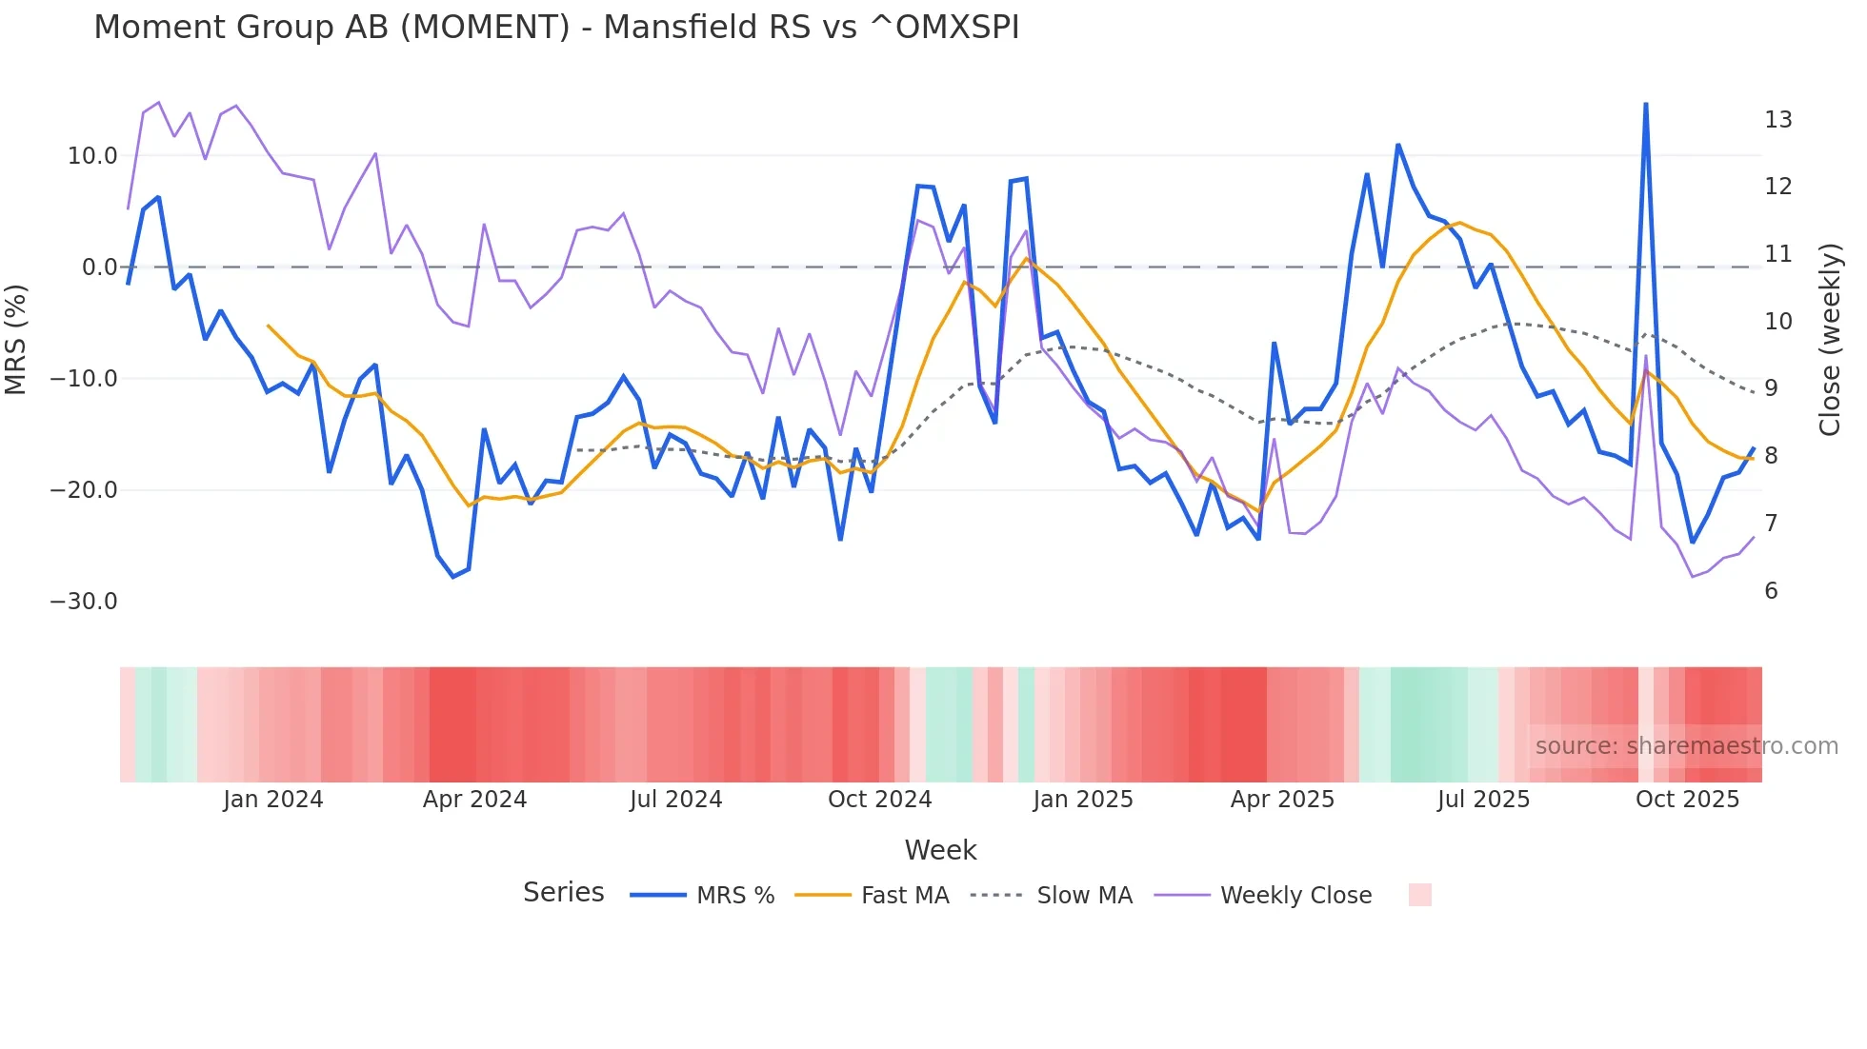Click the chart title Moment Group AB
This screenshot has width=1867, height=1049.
(x=556, y=28)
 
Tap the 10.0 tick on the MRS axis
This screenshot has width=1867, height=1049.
(x=92, y=156)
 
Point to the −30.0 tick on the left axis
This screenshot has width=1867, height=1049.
(x=84, y=602)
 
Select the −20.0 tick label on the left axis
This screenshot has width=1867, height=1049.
(x=84, y=490)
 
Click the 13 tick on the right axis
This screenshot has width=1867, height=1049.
(x=1777, y=120)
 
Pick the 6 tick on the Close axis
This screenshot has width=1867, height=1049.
(x=1771, y=591)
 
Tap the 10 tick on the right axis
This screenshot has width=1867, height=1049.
(x=1777, y=322)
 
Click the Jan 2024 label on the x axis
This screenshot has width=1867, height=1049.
(x=273, y=800)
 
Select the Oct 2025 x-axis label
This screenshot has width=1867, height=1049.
(x=1687, y=800)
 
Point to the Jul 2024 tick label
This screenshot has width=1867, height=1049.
(x=676, y=800)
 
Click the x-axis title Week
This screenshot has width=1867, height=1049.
(x=940, y=850)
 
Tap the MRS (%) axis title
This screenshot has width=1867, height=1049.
(x=16, y=339)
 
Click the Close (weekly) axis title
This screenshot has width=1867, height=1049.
(x=1829, y=340)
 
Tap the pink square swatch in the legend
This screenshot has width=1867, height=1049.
(x=1419, y=895)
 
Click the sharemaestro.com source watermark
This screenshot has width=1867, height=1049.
(x=1686, y=746)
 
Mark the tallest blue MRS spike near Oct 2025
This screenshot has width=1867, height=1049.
(x=1646, y=105)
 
